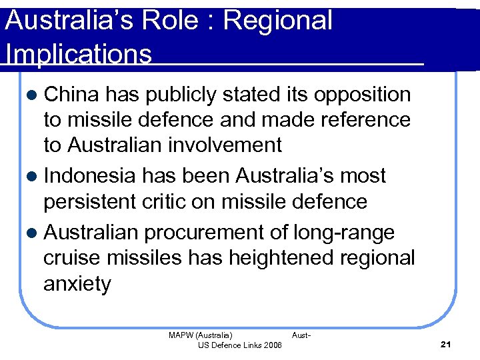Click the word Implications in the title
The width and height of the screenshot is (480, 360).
pyautogui.click(x=78, y=54)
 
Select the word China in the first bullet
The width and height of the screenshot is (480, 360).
pyautogui.click(x=71, y=95)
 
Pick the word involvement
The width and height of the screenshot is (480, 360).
pyautogui.click(x=231, y=145)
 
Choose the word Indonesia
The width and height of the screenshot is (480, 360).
pyautogui.click(x=91, y=175)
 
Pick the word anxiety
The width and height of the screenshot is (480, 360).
pyautogui.click(x=77, y=285)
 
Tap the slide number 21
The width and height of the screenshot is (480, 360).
pyautogui.click(x=446, y=344)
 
